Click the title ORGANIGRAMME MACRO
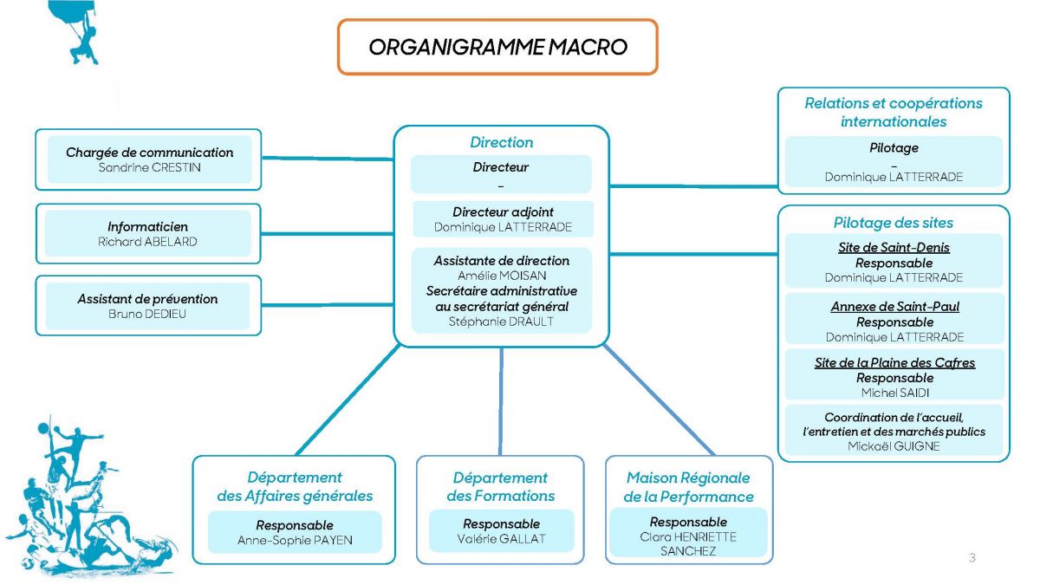497,47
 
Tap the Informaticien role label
147,227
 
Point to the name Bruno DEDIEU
147,314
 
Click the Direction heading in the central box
501,142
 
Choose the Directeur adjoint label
503,212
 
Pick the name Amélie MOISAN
502,276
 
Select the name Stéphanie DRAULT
502,322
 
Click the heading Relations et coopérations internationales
894,112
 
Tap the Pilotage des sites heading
894,223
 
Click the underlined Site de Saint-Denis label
894,248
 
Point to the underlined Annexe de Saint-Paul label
894,307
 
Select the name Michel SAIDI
894,393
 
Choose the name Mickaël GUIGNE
894,446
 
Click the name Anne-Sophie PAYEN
295,541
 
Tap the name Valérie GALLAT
501,539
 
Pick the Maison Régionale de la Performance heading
688,487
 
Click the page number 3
972,558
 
